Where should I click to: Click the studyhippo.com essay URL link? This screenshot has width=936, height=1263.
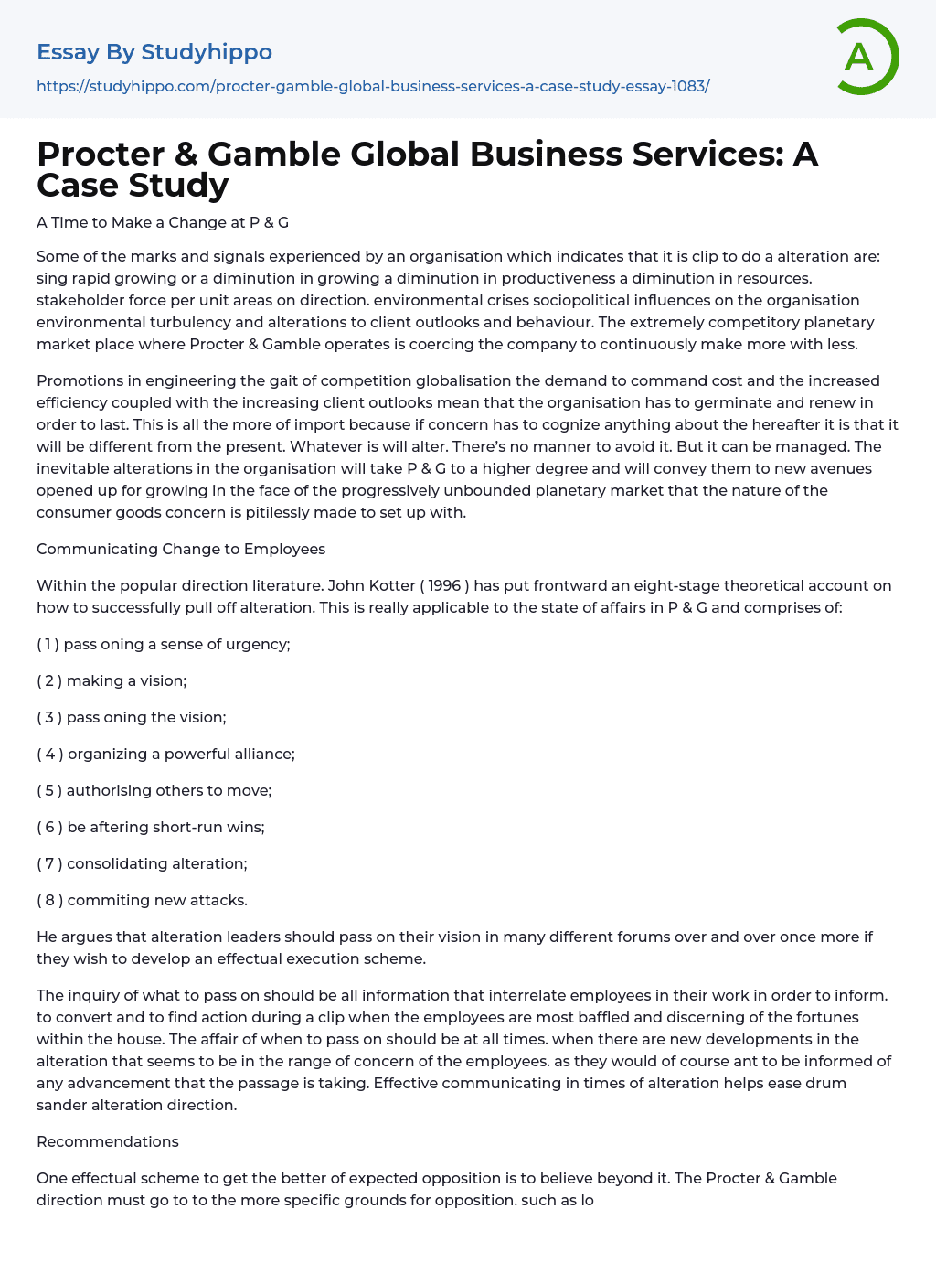[373, 86]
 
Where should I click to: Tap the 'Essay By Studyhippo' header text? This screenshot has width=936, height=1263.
[154, 52]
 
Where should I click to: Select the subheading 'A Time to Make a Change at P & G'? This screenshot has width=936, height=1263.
[163, 222]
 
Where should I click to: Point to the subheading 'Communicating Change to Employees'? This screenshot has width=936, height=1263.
[181, 549]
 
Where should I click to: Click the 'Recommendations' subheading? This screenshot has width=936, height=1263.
[108, 1141]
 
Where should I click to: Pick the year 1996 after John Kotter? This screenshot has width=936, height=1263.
[444, 585]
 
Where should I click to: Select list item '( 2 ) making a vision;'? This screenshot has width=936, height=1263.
[112, 680]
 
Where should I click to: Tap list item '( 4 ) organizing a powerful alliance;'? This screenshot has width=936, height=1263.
[165, 754]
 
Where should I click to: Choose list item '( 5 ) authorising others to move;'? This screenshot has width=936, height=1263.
[154, 790]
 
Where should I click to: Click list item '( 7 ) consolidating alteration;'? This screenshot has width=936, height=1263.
[142, 863]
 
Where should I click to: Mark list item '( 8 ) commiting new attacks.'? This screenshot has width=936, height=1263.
[142, 900]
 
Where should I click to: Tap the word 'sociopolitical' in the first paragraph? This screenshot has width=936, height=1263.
[598, 300]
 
